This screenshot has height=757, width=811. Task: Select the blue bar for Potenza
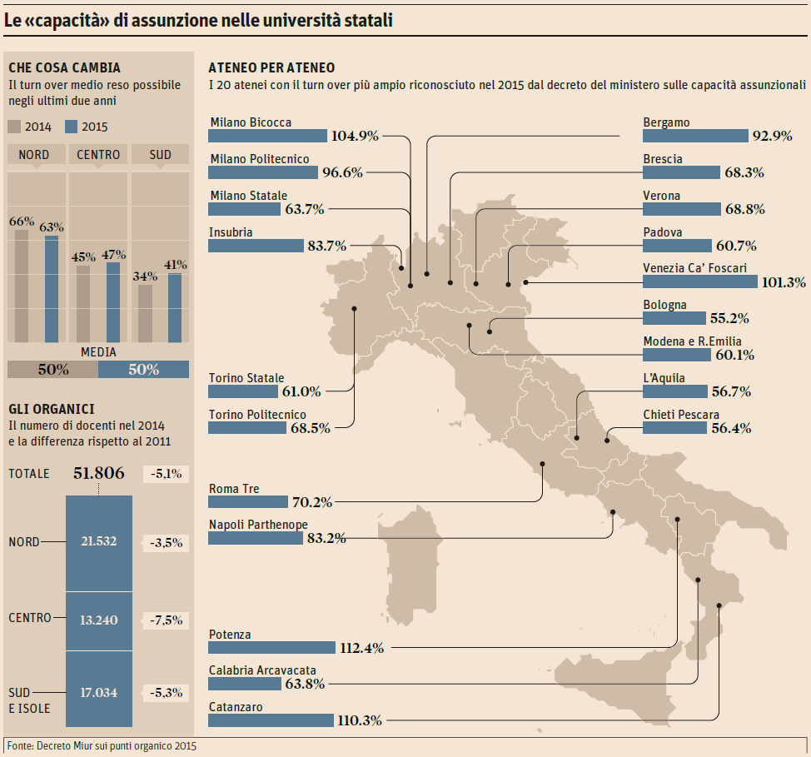tap(271, 647)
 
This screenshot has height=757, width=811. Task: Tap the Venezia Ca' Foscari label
tap(694, 268)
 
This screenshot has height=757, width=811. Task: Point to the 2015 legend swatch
tap(71, 127)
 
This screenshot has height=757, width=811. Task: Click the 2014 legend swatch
tap(15, 127)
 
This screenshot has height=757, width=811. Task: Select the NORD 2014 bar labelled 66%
tap(22, 286)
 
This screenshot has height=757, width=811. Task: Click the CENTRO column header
tap(98, 155)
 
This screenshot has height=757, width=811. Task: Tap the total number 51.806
tap(99, 474)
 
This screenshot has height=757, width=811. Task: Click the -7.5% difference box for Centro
tap(167, 620)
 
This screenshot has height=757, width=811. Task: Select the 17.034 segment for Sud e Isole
tap(98, 691)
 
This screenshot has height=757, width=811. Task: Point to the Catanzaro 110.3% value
tap(359, 720)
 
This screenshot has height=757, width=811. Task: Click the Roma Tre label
tap(234, 489)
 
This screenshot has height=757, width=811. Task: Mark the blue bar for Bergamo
tap(694, 136)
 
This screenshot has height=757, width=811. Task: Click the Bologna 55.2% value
tap(729, 318)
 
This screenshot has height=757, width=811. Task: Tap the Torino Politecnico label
tap(257, 415)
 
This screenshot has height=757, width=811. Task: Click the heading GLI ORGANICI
tap(51, 409)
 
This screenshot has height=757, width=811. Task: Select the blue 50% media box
tap(143, 370)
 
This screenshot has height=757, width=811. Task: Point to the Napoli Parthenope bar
tap(255, 538)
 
